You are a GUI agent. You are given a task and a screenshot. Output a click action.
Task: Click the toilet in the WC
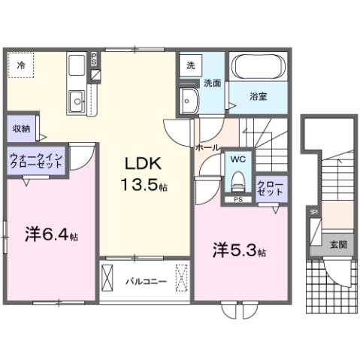(238, 181)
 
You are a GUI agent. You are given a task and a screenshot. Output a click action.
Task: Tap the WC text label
(238, 160)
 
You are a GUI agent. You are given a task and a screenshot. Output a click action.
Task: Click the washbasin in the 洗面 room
(187, 98)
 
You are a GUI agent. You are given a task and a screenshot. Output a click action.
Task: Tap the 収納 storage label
(21, 129)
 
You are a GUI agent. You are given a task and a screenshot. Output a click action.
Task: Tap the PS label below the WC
(238, 200)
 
